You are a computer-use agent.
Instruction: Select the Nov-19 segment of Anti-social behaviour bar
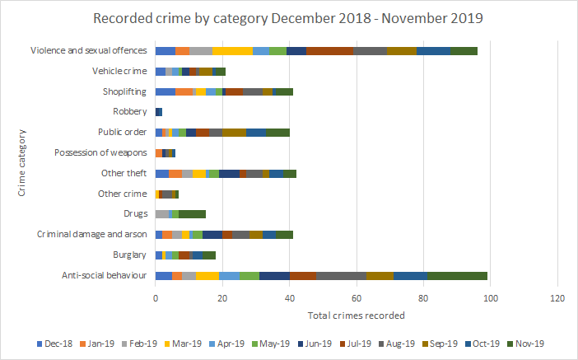[x=458, y=275]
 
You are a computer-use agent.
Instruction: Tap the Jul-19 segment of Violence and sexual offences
[x=329, y=51]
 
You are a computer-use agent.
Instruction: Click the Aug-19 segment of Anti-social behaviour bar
[x=341, y=275]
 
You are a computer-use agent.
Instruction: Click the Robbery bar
[x=159, y=112]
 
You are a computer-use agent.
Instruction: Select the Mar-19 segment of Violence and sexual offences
[x=232, y=51]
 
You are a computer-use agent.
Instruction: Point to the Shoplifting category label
[x=125, y=91]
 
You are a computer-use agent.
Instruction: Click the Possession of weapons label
[x=101, y=152]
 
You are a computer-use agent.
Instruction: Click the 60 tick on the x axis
[x=357, y=297]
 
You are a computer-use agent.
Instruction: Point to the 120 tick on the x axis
[x=557, y=297]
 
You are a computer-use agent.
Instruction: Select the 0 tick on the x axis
[x=156, y=297]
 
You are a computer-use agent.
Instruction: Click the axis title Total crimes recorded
[x=356, y=316]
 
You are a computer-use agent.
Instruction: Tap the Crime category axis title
[x=22, y=162]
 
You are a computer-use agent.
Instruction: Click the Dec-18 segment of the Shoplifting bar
[x=165, y=91]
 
